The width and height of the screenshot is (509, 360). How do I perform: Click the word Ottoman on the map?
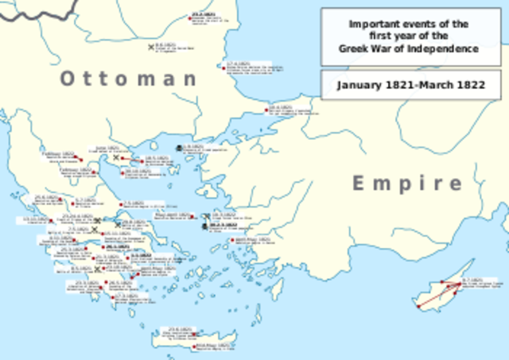(x=128, y=78)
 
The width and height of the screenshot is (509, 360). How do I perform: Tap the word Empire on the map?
(x=407, y=184)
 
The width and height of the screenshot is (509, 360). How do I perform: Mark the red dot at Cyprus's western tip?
(x=416, y=304)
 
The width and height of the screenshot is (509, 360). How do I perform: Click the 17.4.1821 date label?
(x=239, y=62)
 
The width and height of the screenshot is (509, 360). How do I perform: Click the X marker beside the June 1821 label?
(x=116, y=157)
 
